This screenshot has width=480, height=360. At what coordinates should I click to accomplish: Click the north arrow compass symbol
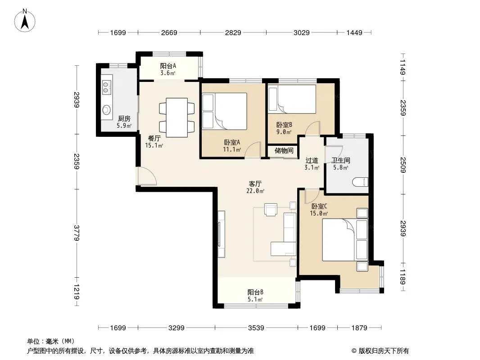25,20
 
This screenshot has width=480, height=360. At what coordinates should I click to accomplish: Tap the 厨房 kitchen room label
124,118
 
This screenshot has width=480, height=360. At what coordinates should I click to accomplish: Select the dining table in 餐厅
177,117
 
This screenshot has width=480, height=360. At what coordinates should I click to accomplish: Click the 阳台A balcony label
168,66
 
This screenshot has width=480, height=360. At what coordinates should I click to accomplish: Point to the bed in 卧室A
231,111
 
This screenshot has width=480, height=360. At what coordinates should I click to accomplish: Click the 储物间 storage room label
284,150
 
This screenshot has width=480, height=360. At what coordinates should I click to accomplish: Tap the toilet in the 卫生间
360,182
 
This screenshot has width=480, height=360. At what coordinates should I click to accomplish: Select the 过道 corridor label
312,160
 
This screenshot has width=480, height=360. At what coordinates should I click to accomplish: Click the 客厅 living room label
255,184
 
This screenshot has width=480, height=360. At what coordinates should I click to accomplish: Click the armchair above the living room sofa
271,210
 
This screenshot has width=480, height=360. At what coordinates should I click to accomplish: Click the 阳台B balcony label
255,292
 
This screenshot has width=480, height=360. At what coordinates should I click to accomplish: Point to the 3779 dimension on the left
77,233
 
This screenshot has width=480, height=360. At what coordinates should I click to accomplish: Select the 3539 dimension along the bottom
256,328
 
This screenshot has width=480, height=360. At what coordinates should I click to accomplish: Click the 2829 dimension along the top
233,32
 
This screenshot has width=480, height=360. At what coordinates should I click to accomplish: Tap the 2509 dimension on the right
403,165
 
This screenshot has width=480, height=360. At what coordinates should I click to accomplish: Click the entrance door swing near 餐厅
147,176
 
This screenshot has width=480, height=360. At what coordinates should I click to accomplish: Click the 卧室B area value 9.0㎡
284,132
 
